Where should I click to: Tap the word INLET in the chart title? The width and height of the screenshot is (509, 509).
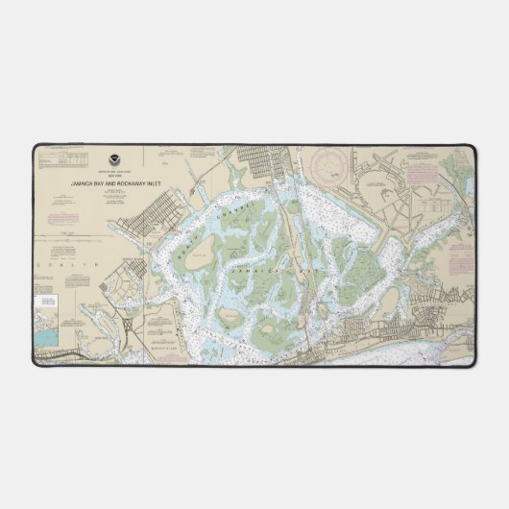[x=150, y=181]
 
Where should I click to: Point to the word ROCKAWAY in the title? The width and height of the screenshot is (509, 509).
[x=129, y=181]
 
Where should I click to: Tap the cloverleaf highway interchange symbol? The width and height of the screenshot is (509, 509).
[x=128, y=325]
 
